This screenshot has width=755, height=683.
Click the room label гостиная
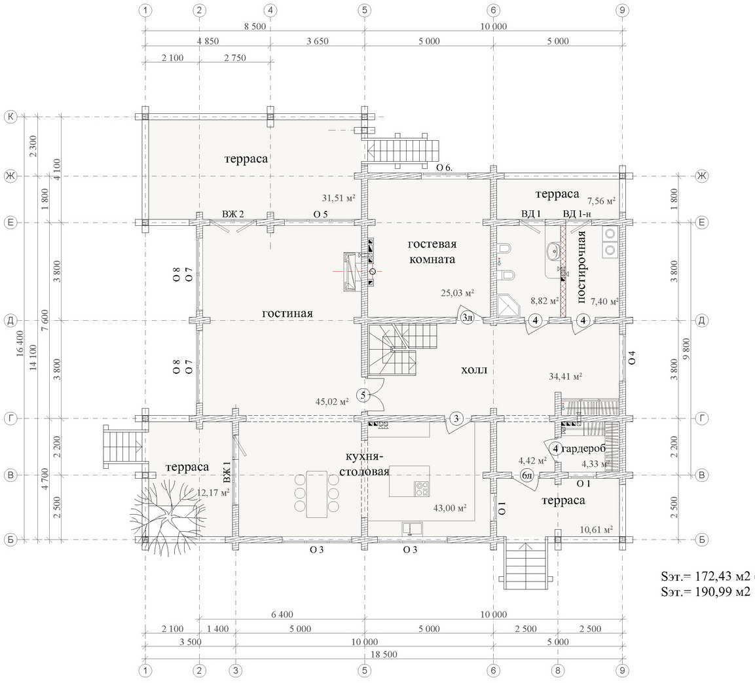tap(287, 313)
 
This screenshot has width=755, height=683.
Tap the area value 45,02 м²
tap(332, 401)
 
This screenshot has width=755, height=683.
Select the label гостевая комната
tap(432, 251)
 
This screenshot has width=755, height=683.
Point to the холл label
tap(474, 370)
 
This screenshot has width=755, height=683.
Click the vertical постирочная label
tap(581, 267)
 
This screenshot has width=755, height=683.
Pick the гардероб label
tap(583, 449)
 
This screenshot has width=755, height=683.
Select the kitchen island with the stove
tap(409, 481)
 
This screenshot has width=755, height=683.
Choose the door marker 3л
tap(467, 318)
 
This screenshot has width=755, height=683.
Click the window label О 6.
tap(444, 167)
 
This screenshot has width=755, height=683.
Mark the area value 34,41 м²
tap(566, 376)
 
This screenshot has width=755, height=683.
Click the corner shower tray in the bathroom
tap(510, 305)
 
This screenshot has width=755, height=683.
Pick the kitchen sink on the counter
tap(412, 528)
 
